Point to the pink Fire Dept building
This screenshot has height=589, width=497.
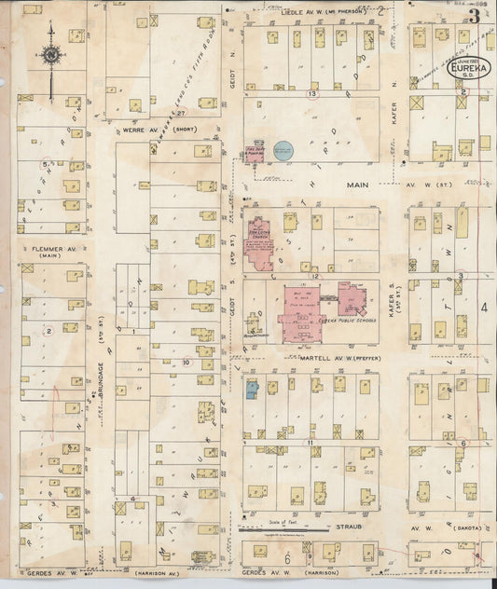coord(254,152)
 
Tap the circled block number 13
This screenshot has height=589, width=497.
coord(312,94)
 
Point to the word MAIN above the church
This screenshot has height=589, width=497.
coord(358,185)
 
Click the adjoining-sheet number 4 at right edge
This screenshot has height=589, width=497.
coord(484,307)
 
